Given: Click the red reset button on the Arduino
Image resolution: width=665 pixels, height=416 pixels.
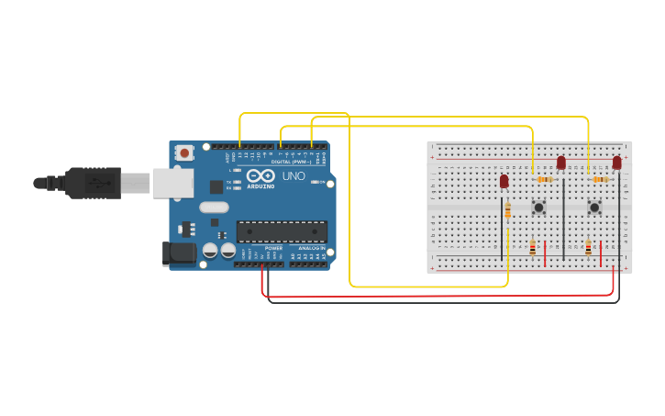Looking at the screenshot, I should [x=184, y=153].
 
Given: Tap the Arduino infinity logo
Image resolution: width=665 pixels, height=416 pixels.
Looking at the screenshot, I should [x=260, y=175].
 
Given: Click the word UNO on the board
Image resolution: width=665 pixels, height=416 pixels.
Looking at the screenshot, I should [x=294, y=175].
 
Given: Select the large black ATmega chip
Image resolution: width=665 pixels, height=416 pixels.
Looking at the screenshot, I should [x=282, y=232].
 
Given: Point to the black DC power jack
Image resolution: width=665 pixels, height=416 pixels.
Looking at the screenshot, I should [x=179, y=253].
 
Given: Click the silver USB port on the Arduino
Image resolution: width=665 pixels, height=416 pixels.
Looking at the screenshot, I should [x=172, y=183].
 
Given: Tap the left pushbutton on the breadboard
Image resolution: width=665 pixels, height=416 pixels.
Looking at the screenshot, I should [x=538, y=208].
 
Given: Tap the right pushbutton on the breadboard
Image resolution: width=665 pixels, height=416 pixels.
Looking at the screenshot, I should [x=594, y=208].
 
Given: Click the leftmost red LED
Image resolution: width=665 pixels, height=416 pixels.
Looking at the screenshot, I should [x=504, y=181].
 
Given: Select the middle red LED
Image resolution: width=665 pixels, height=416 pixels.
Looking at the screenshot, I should [x=561, y=163].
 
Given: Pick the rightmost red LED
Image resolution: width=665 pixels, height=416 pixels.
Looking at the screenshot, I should [x=617, y=163].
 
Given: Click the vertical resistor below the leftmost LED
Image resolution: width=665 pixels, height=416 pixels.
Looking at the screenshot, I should [x=508, y=211].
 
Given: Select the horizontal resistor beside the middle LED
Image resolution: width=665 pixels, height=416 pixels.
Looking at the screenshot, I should [x=545, y=179].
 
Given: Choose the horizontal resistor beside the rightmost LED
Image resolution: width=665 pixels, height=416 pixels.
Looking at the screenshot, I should [x=601, y=179].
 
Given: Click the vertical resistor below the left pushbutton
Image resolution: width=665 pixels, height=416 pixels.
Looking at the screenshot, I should [x=533, y=247].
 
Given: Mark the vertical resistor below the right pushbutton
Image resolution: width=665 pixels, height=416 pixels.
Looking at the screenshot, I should [x=589, y=247].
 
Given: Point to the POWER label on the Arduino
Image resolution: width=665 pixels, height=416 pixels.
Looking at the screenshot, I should [x=273, y=248].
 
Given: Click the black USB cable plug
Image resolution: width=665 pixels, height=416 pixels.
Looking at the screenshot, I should [x=93, y=183].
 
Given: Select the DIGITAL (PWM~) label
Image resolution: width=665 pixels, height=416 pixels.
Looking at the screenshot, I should [x=288, y=161].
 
